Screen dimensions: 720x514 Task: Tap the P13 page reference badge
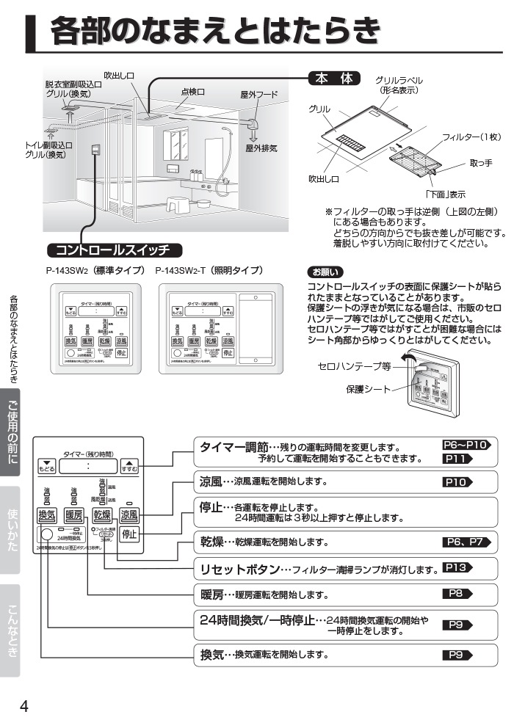[457, 567]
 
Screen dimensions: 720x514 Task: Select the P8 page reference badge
[457, 593]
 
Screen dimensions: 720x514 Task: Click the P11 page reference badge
[457, 459]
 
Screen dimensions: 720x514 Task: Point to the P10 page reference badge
[457, 483]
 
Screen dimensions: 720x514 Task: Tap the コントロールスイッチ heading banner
[113, 249]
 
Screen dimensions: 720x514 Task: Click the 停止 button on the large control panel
[129, 534]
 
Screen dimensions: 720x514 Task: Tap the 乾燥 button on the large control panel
[101, 514]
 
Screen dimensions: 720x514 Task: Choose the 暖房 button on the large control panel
[73, 514]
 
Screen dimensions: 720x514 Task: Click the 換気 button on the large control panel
[46, 514]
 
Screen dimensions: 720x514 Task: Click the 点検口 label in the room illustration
[192, 92]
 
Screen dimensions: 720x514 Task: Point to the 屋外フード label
[259, 95]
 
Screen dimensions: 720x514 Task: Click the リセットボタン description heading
[239, 569]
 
